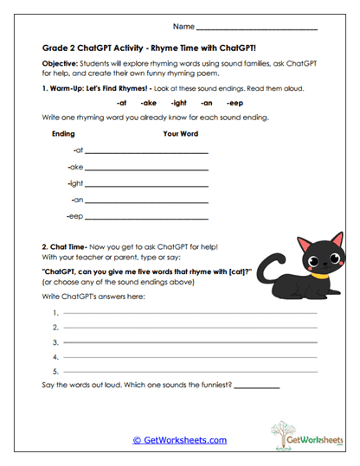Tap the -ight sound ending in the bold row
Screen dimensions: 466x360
[x=179, y=102]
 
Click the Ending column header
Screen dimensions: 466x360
[x=63, y=134]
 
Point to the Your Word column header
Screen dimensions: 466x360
[x=180, y=134]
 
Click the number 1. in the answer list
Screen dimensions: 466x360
[x=55, y=312]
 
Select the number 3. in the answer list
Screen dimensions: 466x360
[x=55, y=342]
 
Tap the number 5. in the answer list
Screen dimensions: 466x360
[x=55, y=371]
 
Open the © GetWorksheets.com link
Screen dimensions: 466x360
[x=180, y=440]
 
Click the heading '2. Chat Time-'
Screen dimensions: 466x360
[x=70, y=247]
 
